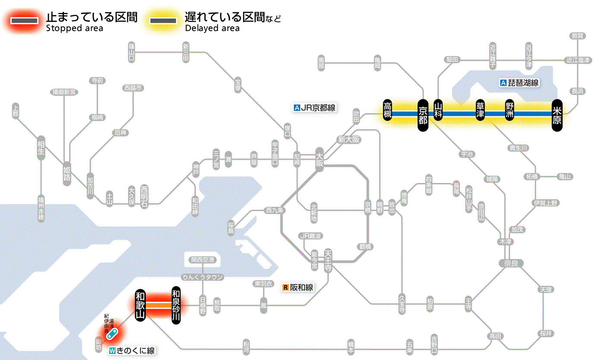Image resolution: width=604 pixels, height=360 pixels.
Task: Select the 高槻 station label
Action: click(388, 111)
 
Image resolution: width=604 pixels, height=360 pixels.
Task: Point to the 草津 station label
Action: click(480, 111)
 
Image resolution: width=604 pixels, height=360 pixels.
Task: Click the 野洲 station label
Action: click(510, 111)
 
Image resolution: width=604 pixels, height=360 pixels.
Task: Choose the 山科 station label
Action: click(438, 111)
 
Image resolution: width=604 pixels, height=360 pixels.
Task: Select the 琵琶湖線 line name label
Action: click(519, 83)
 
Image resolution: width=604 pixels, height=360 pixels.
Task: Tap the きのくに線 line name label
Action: click(132, 351)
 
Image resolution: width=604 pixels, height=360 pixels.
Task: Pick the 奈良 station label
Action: click(510, 263)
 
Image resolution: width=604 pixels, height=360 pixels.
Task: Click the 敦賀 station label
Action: click(577, 36)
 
